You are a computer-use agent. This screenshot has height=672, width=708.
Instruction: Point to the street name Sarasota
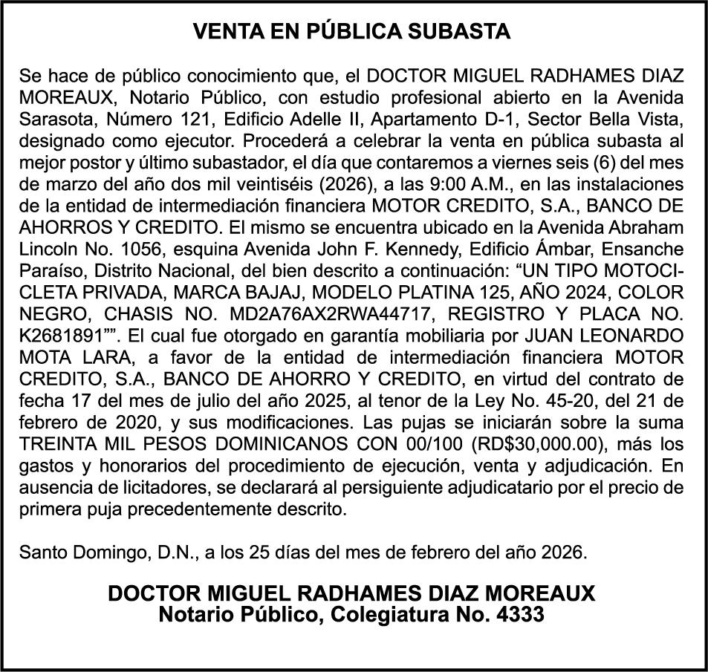[x=52, y=118]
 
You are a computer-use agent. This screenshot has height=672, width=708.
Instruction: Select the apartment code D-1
[x=528, y=118]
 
